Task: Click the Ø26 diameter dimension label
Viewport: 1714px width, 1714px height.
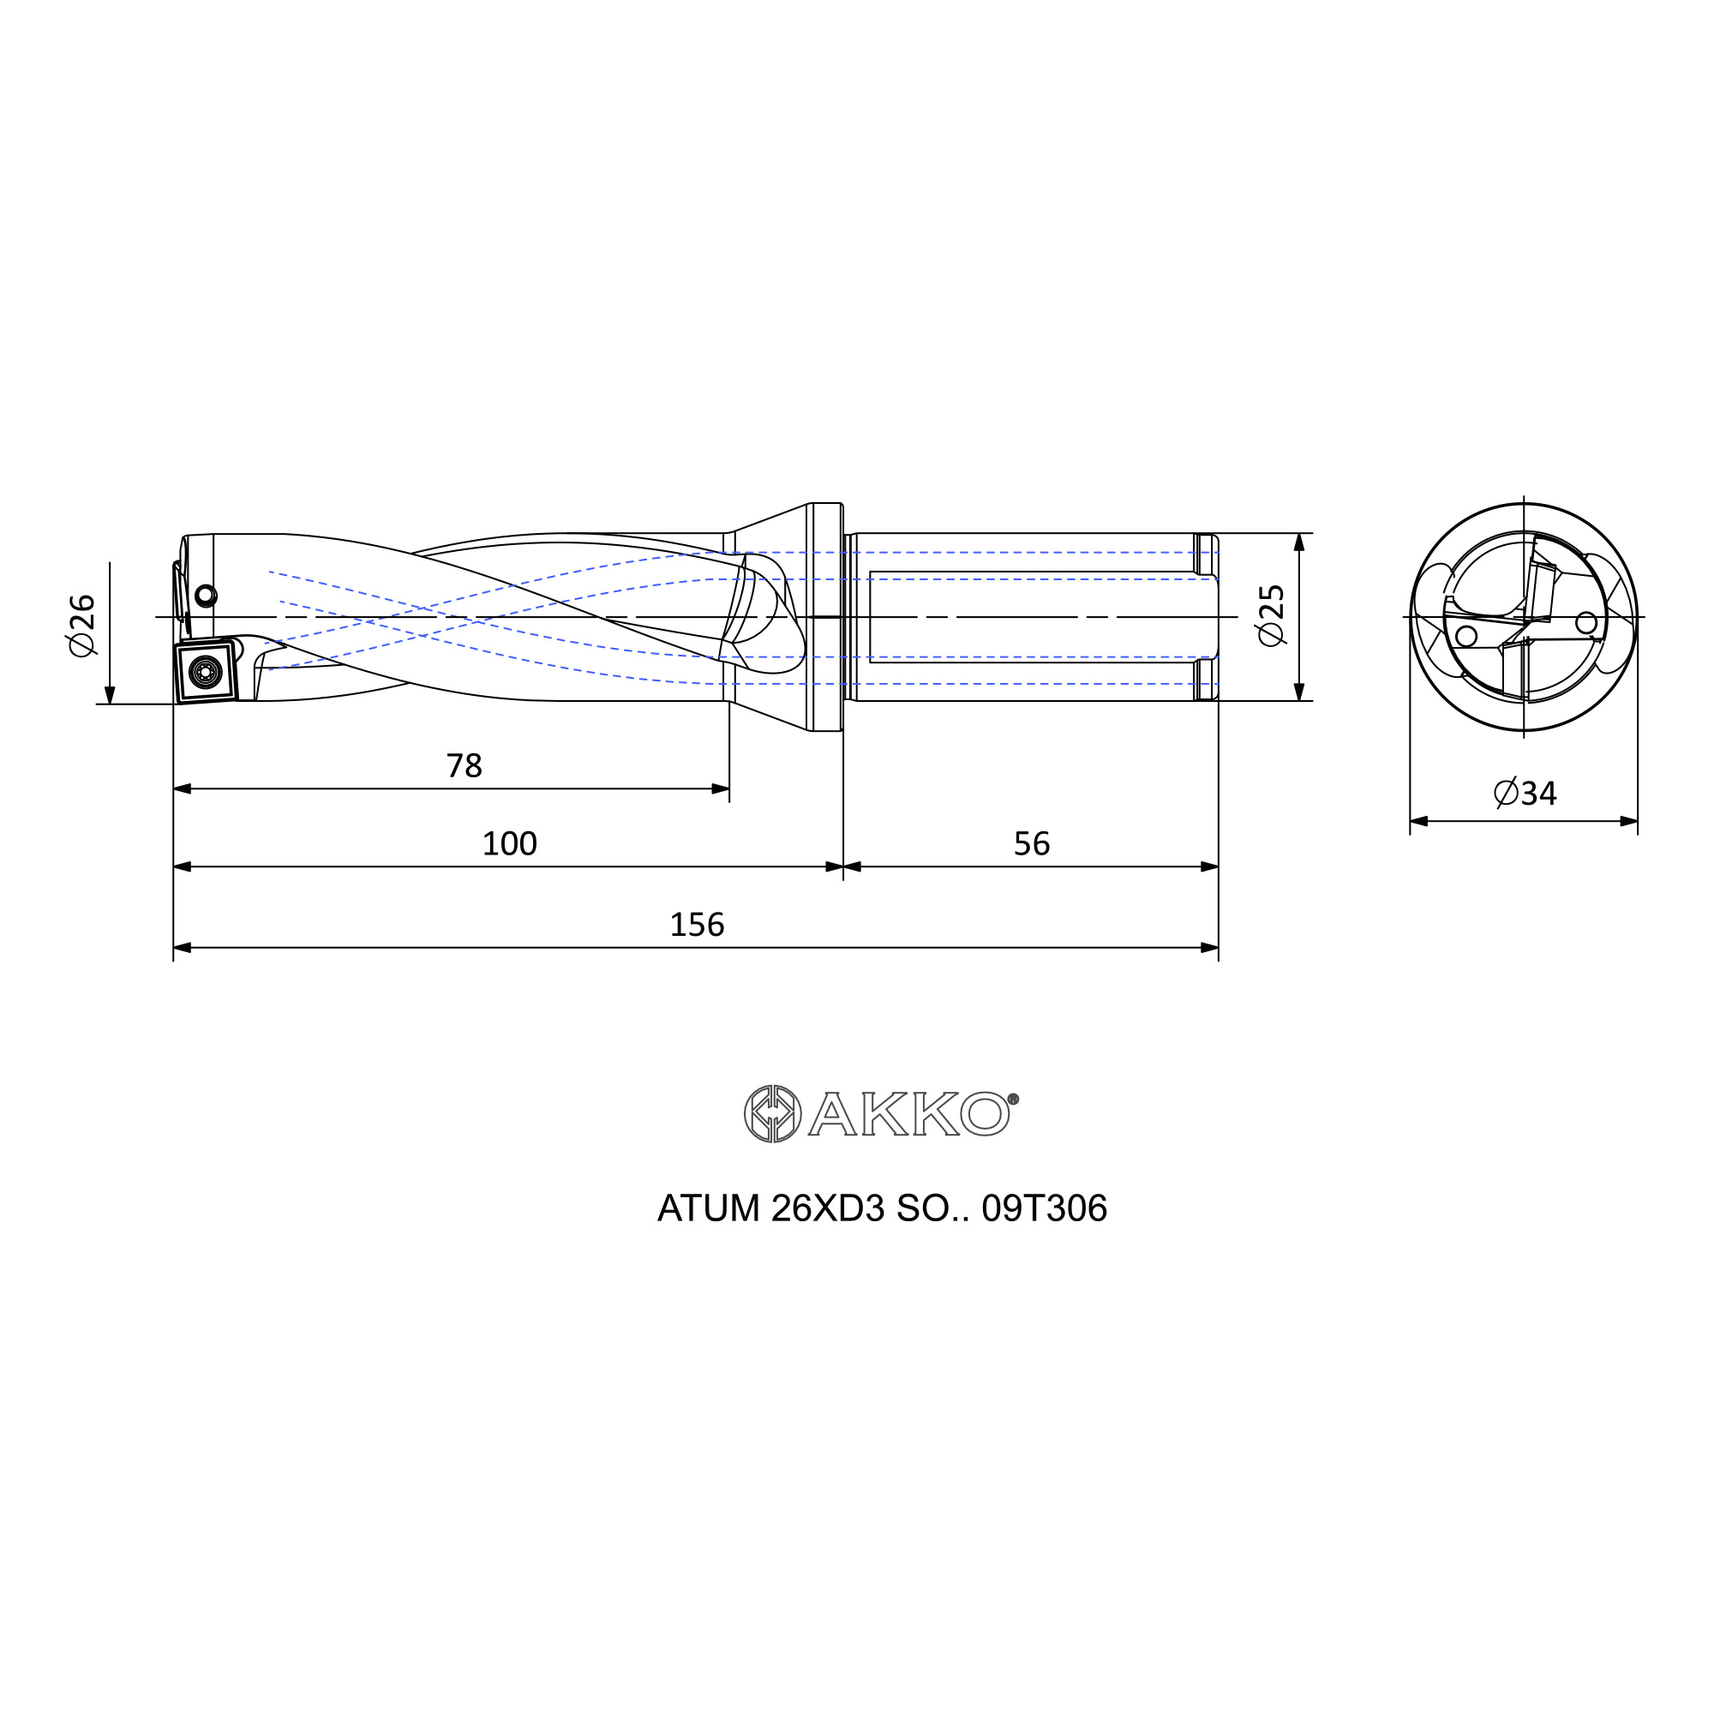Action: pos(81,626)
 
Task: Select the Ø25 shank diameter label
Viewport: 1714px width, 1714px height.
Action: pos(1270,615)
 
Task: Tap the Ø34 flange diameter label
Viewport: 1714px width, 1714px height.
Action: pos(1525,793)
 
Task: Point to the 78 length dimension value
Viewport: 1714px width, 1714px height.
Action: pos(464,765)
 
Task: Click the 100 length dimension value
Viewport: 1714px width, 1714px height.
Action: pos(509,843)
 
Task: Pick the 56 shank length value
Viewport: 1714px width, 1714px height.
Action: pos(1032,843)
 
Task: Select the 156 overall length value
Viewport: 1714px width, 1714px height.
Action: pos(697,926)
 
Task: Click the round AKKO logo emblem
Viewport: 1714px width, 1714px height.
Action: pos(772,1113)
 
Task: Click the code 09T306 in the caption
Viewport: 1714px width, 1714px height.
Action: pos(1044,1209)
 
